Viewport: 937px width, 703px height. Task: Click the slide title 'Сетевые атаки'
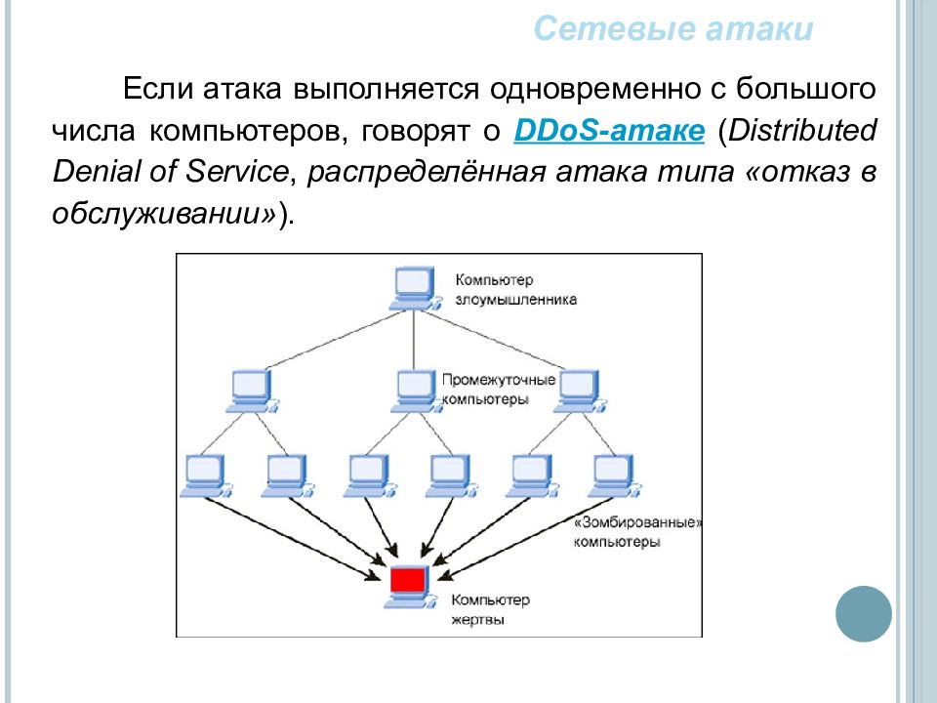673,28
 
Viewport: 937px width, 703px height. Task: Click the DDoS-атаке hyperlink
609,130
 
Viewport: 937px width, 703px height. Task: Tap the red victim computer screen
408,579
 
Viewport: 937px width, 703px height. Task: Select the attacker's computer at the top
416,288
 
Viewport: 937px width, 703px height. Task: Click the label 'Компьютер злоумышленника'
515,290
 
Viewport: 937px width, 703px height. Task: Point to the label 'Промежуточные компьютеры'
499,390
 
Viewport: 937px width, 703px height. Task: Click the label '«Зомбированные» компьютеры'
637,532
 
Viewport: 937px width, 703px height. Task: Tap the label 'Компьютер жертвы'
490,608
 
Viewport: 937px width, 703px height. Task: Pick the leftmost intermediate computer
252,392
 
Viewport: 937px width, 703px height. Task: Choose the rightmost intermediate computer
580,392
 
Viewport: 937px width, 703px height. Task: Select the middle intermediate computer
417,392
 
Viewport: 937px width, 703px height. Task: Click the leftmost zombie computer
206,476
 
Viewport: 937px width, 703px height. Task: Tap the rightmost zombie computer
615,476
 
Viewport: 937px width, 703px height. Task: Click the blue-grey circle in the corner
864,614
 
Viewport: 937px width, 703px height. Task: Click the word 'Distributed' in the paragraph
802,130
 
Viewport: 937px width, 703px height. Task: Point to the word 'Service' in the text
237,172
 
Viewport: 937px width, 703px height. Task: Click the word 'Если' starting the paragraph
158,89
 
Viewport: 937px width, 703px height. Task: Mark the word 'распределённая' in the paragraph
427,173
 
